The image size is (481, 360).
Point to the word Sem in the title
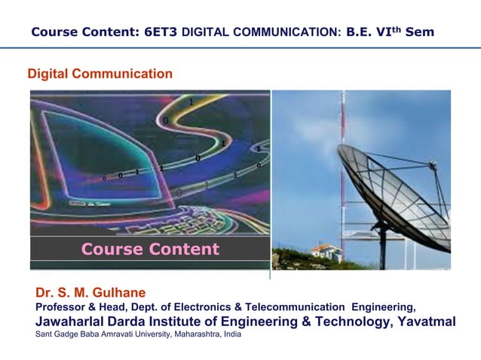[x=418, y=33]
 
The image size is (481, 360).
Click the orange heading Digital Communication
[x=100, y=74]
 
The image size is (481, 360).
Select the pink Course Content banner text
[x=150, y=249]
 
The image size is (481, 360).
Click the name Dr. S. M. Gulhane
[x=90, y=292]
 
